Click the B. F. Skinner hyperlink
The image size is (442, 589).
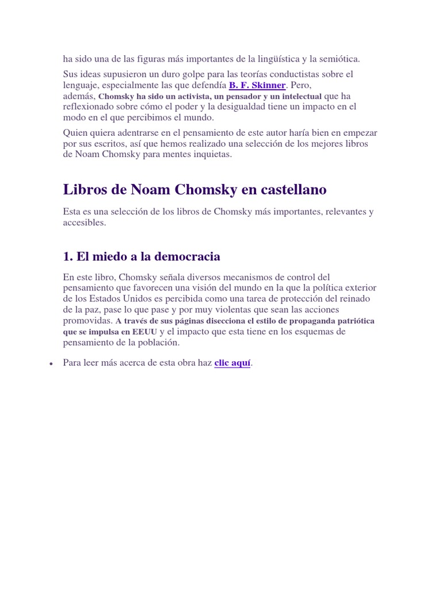coord(257,85)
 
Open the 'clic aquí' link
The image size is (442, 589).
coord(233,363)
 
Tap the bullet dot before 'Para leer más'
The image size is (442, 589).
coord(51,364)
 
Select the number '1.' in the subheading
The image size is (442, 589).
coord(68,256)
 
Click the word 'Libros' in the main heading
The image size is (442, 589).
coord(85,189)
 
